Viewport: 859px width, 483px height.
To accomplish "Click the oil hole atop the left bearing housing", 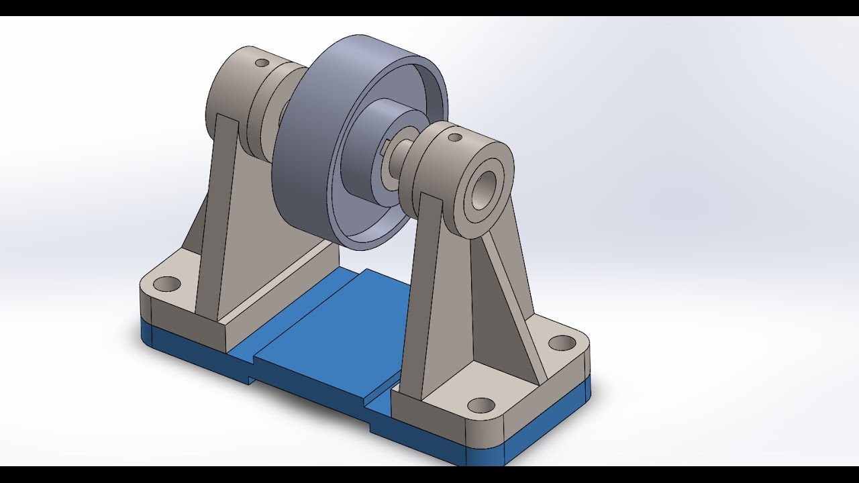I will (x=262, y=62).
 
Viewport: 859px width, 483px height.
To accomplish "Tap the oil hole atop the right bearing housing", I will (x=454, y=138).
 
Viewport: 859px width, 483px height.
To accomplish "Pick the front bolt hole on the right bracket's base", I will (x=481, y=405).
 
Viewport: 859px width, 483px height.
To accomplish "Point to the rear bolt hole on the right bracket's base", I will (x=562, y=343).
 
